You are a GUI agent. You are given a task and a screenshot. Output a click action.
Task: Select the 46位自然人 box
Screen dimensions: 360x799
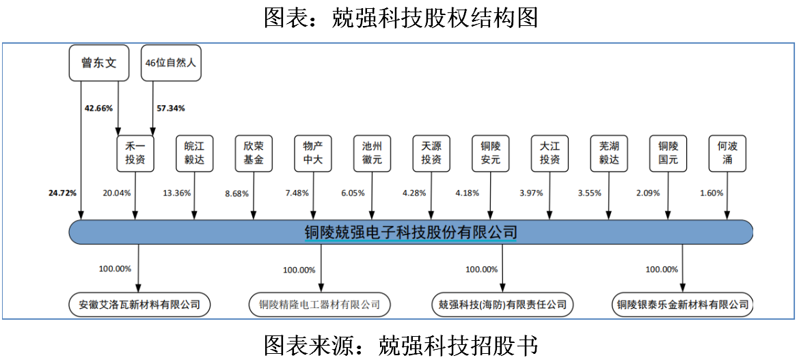171,63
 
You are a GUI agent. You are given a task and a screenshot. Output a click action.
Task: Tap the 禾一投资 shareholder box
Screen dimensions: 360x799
135,153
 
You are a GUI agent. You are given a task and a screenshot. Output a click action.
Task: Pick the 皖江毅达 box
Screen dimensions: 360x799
194,153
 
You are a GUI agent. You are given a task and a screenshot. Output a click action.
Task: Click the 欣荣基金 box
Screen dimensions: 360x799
254,153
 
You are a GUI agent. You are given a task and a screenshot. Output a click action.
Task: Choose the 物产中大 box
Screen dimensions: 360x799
313,153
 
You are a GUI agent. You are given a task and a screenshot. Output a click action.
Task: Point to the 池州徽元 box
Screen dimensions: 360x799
372,153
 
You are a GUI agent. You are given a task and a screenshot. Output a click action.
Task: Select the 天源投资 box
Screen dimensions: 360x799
431,153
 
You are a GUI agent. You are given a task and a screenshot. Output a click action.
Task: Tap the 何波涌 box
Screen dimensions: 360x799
727,153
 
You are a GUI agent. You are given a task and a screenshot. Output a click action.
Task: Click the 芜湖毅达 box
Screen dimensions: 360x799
608,153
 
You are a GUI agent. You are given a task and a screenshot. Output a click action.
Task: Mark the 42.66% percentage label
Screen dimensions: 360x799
98,108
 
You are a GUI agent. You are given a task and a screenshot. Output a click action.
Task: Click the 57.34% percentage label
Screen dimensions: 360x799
171,108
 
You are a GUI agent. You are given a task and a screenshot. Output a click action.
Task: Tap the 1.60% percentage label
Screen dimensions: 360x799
712,193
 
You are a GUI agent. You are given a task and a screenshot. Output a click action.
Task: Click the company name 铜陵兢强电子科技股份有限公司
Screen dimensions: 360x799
411,233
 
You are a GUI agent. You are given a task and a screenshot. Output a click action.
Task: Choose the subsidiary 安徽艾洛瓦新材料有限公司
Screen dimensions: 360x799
139,305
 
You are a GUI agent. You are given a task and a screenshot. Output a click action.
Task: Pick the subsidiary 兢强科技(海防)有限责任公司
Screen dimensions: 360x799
502,305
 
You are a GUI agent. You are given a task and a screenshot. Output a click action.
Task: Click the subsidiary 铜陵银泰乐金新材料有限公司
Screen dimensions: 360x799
682,305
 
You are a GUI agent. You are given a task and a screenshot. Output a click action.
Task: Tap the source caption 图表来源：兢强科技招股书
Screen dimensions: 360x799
401,346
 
